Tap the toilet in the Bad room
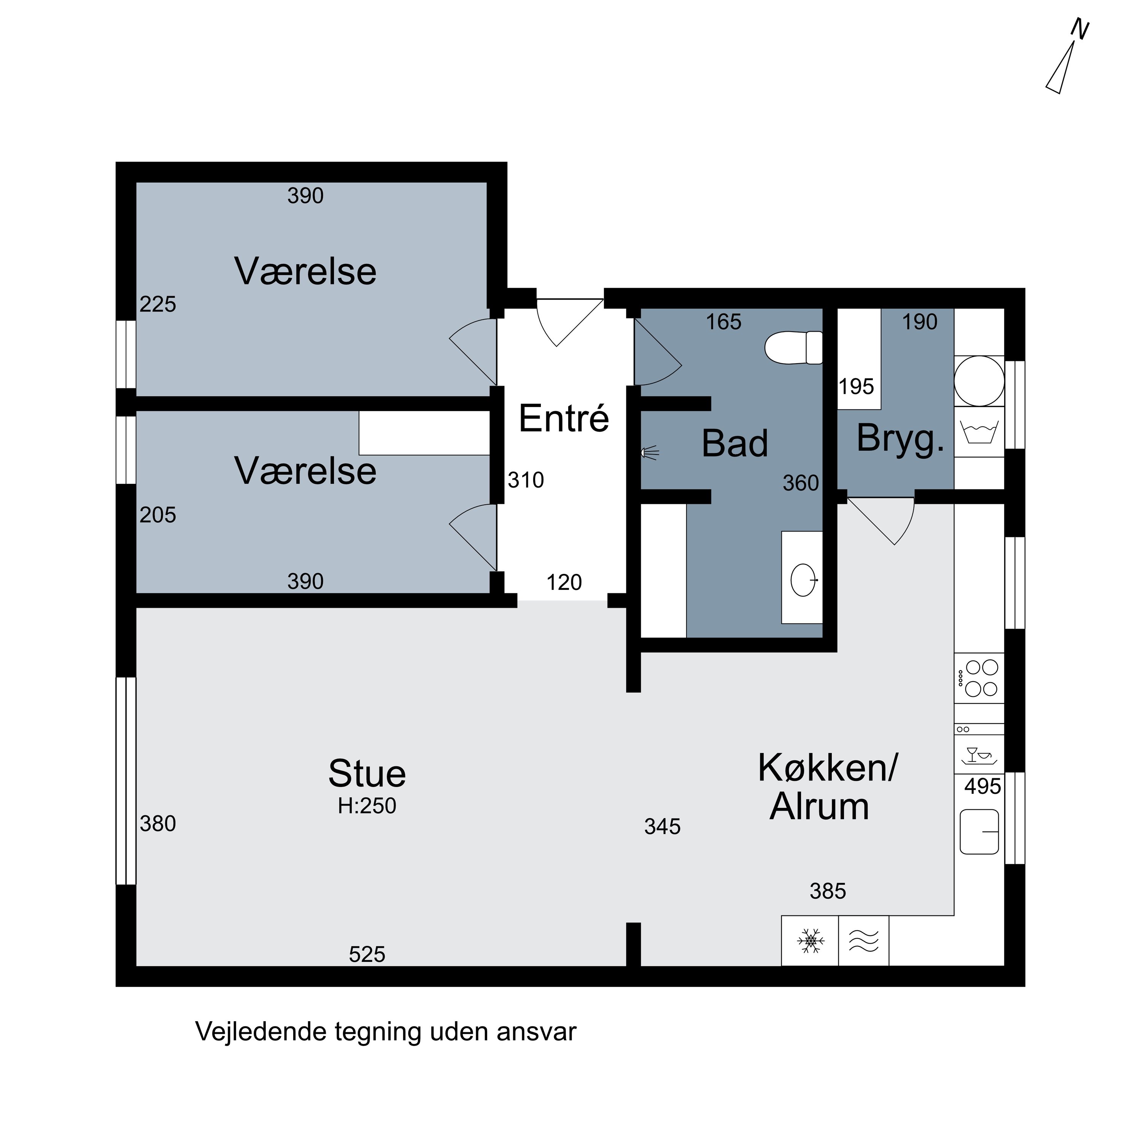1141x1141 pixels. click(x=793, y=348)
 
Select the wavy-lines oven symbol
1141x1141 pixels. click(x=863, y=941)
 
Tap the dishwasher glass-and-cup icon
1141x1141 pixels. click(x=979, y=755)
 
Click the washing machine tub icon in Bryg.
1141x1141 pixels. click(x=979, y=432)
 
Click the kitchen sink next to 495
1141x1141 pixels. click(x=979, y=831)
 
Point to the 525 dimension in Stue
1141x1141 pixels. click(x=367, y=954)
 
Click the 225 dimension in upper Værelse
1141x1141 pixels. click(x=158, y=305)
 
